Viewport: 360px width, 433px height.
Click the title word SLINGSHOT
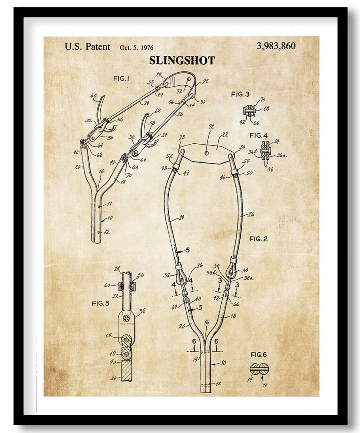[182, 60]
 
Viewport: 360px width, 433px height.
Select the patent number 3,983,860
[276, 46]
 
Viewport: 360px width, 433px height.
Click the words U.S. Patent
[87, 47]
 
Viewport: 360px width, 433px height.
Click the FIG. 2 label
[258, 239]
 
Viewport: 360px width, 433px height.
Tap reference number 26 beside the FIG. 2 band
[251, 215]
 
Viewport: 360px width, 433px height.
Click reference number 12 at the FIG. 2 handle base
[218, 384]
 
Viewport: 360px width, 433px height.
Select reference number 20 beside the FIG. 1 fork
[77, 167]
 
